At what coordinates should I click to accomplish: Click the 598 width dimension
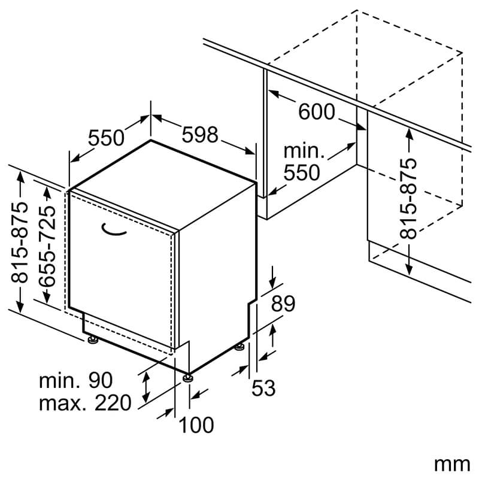tap(200, 135)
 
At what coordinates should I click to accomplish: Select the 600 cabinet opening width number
tap(317, 111)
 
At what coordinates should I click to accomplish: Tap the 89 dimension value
tap(283, 304)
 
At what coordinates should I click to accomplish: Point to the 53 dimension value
tap(263, 387)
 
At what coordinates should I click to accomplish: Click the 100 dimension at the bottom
tap(196, 425)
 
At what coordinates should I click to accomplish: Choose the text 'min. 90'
tap(76, 380)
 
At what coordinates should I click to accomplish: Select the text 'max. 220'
tap(85, 402)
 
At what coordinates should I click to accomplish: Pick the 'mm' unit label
tap(452, 465)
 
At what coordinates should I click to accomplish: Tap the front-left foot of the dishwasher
tap(92, 339)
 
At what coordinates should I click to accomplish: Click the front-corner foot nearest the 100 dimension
tap(188, 378)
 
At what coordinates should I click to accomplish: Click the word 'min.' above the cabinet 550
tap(304, 151)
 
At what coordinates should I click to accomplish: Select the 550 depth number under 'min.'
tap(302, 172)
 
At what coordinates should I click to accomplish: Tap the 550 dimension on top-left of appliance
tap(107, 138)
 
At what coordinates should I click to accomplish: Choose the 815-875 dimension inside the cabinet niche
tap(408, 198)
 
